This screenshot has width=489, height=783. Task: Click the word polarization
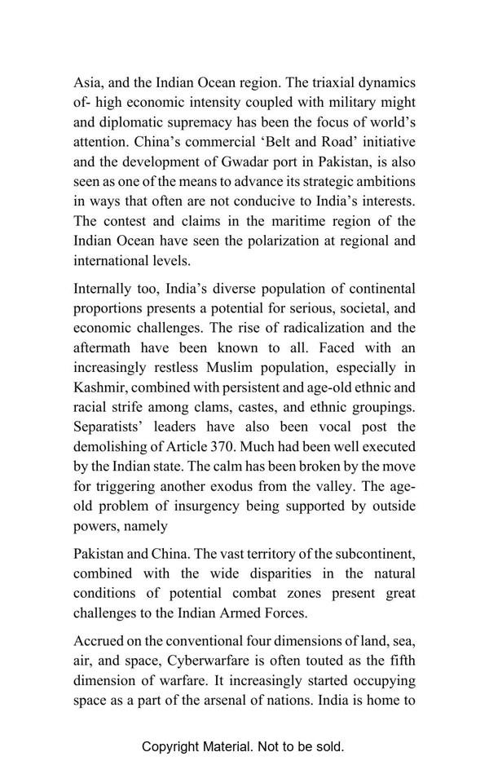297,241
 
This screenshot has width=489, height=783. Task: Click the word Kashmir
99,387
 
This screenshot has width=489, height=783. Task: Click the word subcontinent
372,553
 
